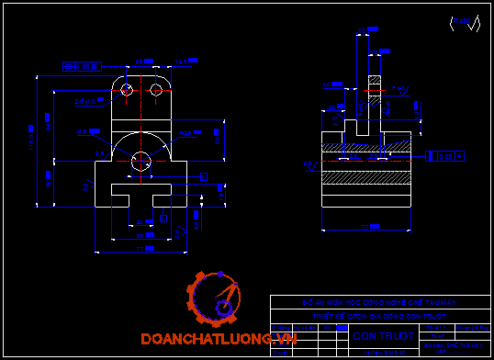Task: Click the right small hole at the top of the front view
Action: [157, 91]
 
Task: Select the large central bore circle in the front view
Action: [140, 161]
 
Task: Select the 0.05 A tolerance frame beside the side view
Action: [446, 157]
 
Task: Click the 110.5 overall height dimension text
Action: [29, 142]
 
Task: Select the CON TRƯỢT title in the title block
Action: [377, 336]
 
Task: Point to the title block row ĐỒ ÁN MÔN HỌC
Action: [380, 302]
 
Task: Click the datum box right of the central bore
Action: [204, 175]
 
